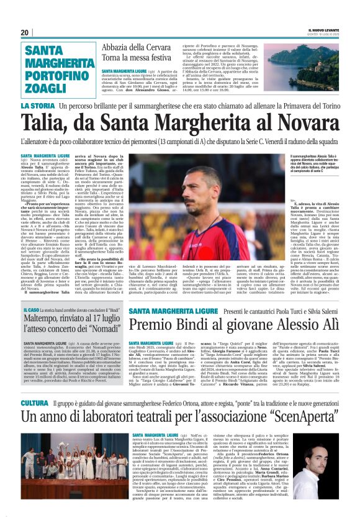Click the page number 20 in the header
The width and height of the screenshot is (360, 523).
click(x=24, y=32)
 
